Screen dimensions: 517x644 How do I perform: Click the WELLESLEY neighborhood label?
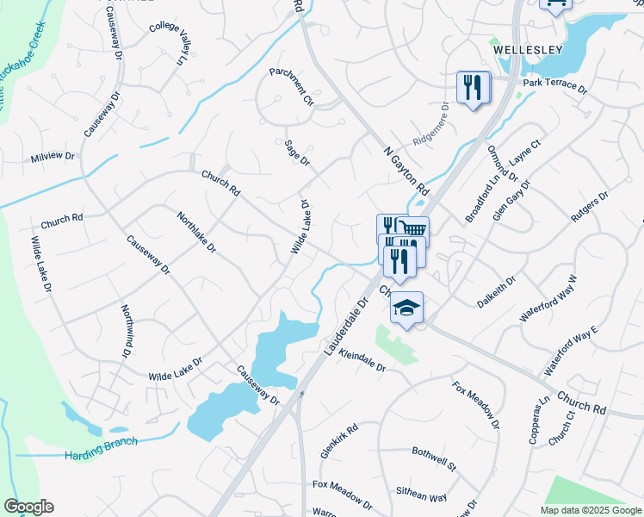coord(528,50)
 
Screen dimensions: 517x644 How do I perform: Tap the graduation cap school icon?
coord(407,308)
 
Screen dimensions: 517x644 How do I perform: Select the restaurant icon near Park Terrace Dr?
coord(473,87)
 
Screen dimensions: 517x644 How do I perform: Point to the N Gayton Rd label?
coord(406,168)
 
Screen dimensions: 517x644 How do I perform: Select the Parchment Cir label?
coord(292,87)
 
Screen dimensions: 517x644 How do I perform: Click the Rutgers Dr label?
coord(591,207)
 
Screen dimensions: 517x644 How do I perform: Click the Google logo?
coord(28,507)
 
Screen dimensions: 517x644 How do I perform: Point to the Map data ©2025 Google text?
coord(591,510)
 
